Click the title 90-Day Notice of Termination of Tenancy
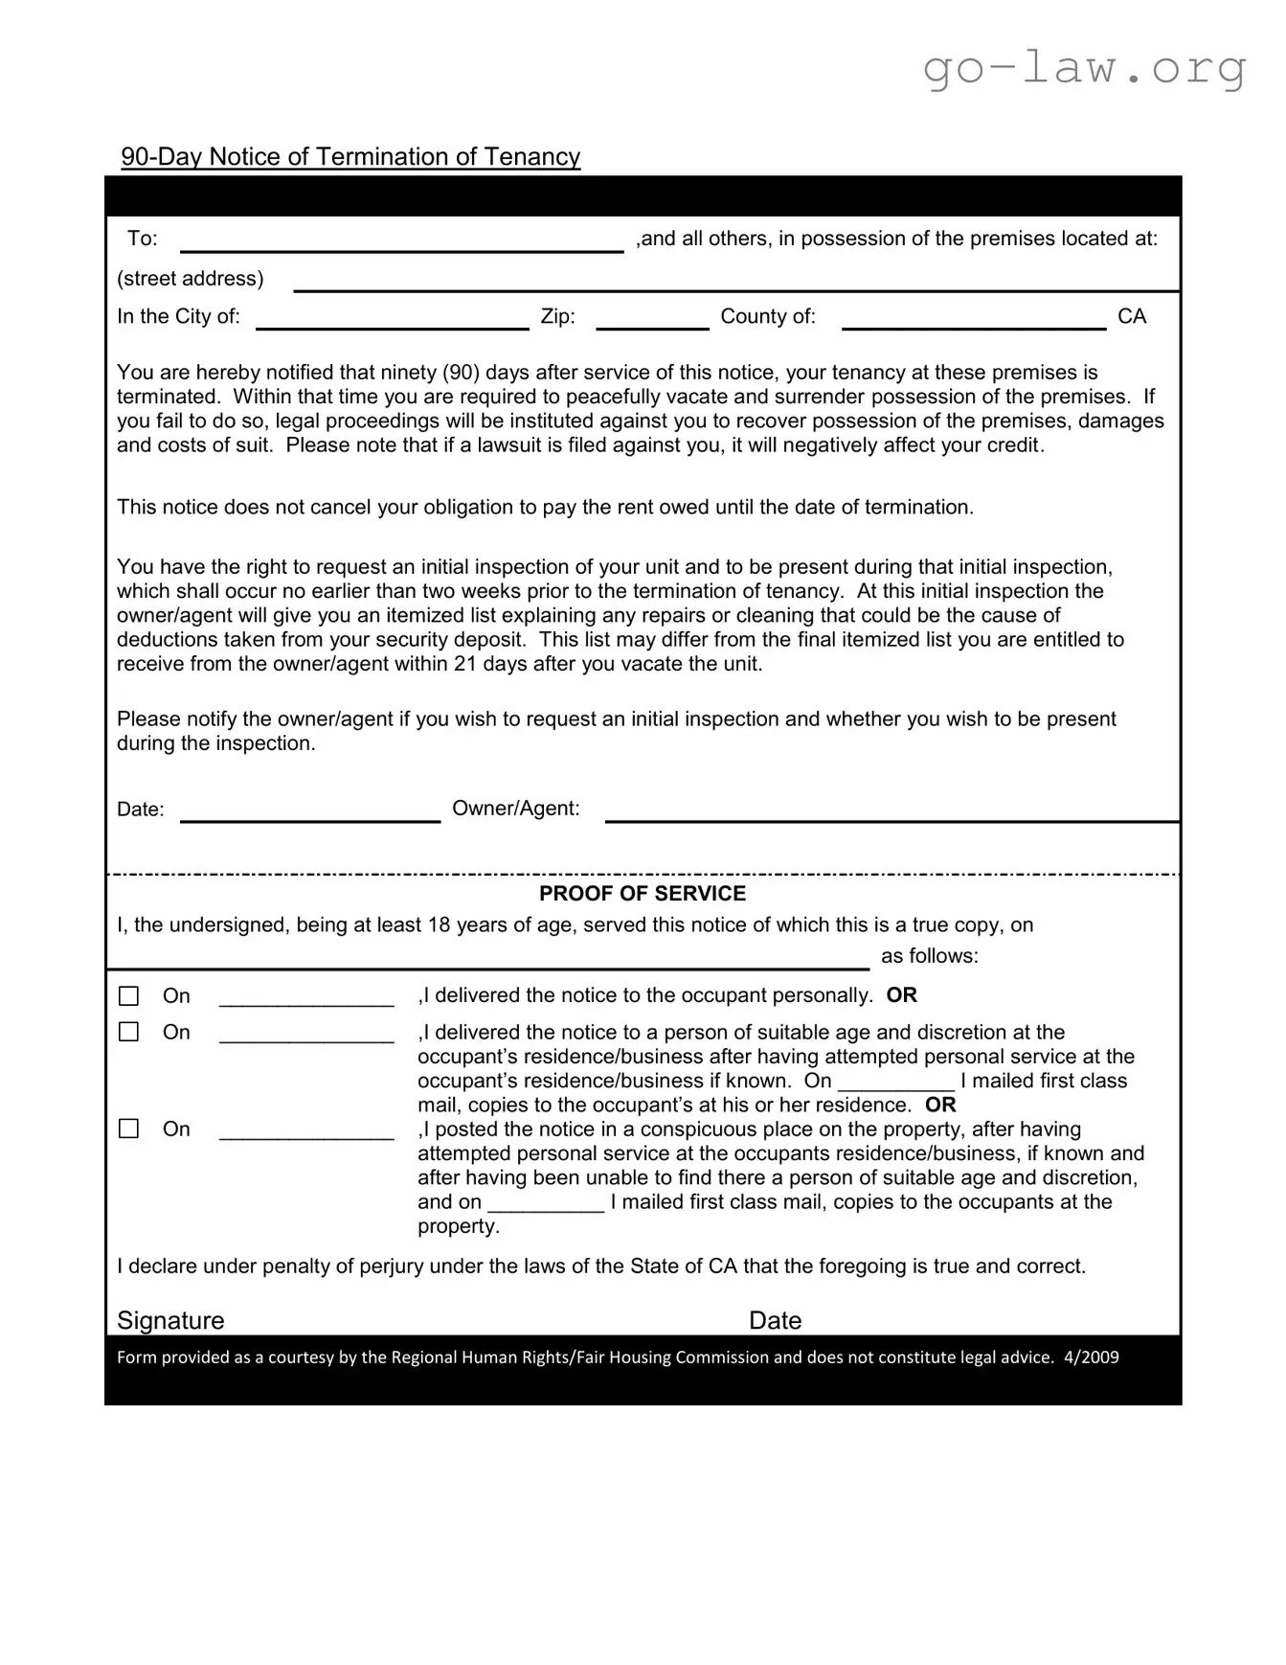(x=350, y=157)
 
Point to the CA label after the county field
(x=1131, y=317)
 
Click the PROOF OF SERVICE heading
(x=642, y=894)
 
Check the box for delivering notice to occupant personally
(x=128, y=996)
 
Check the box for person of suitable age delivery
(x=128, y=1032)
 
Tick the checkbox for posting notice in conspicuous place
(x=128, y=1129)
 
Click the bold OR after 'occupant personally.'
(x=901, y=995)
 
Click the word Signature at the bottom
(x=170, y=1320)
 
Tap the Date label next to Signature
(x=775, y=1320)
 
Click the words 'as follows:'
(x=929, y=956)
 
